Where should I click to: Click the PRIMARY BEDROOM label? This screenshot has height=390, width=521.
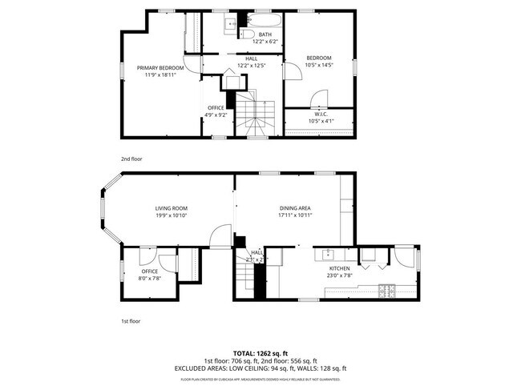[x=160, y=68]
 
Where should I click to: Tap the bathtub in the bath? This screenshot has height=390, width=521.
[x=265, y=20]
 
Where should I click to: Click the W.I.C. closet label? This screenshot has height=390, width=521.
[x=321, y=114]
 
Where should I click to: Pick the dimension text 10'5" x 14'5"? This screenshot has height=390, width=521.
[x=319, y=65]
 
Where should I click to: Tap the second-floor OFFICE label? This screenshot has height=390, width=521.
[x=216, y=107]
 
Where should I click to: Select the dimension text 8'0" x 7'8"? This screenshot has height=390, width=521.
[x=150, y=279]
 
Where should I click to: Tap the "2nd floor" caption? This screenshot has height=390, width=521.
[x=131, y=159]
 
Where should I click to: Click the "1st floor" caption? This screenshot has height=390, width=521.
[x=131, y=321]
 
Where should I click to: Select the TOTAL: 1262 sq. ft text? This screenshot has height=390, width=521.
[x=260, y=352]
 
